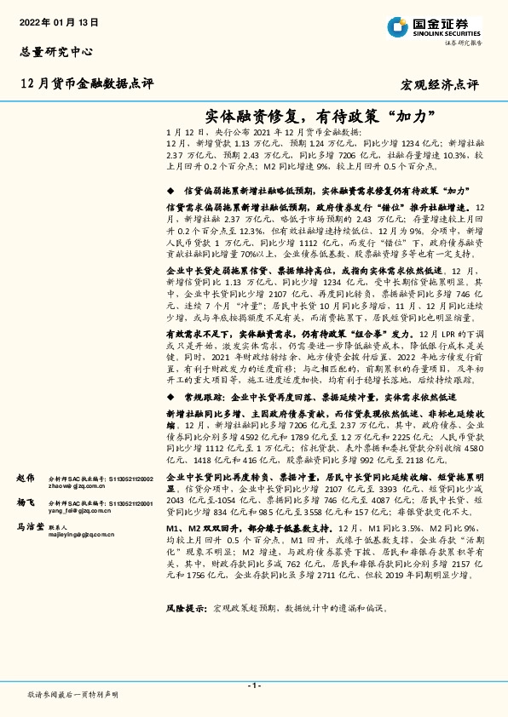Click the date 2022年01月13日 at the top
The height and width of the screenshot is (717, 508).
click(59, 20)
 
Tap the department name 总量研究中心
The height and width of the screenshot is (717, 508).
click(55, 53)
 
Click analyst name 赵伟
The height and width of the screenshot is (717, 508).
click(25, 479)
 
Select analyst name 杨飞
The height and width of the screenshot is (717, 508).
click(25, 504)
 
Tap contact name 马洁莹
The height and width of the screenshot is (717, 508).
click(30, 528)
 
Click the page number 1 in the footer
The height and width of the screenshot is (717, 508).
click(253, 685)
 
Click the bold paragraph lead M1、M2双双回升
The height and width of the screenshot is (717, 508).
click(209, 528)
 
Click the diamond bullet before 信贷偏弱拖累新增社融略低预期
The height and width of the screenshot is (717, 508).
click(171, 192)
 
